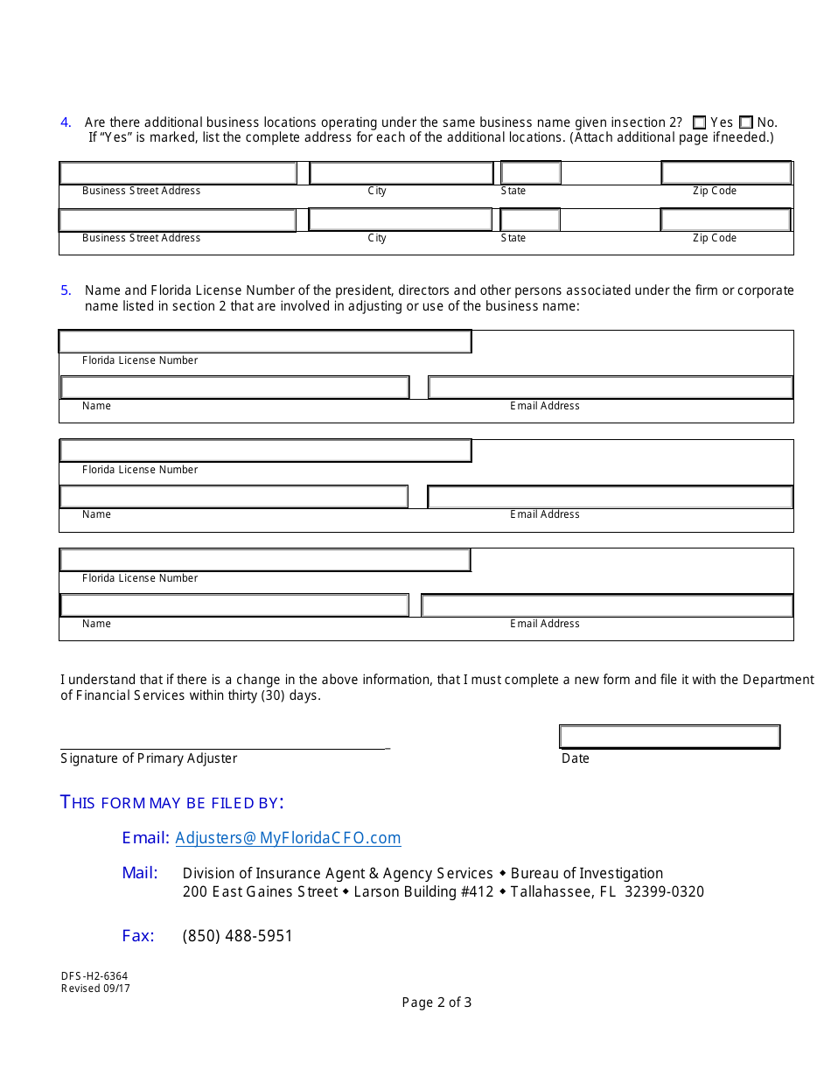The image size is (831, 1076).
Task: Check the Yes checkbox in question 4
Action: (x=699, y=123)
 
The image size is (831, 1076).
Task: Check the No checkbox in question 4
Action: (x=745, y=123)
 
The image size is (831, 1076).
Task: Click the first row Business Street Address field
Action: (x=178, y=173)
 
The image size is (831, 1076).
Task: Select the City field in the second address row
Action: (x=401, y=220)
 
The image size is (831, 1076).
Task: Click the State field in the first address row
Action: (x=530, y=173)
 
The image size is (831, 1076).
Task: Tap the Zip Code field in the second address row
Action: (x=726, y=220)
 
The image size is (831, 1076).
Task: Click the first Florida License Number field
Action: (x=265, y=341)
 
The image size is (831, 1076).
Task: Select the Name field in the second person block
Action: (x=234, y=497)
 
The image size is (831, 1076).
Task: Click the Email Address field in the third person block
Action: (x=607, y=605)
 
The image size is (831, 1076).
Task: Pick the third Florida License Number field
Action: (x=265, y=560)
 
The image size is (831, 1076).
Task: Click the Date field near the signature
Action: (x=669, y=737)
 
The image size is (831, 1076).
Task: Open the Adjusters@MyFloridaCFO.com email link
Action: (x=288, y=838)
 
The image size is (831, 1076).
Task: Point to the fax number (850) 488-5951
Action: (x=237, y=936)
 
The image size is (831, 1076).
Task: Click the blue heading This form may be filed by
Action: (x=171, y=802)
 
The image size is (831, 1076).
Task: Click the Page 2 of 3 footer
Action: (x=436, y=1003)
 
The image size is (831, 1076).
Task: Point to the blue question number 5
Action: (x=66, y=290)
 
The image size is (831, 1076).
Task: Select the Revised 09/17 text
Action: (x=95, y=989)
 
